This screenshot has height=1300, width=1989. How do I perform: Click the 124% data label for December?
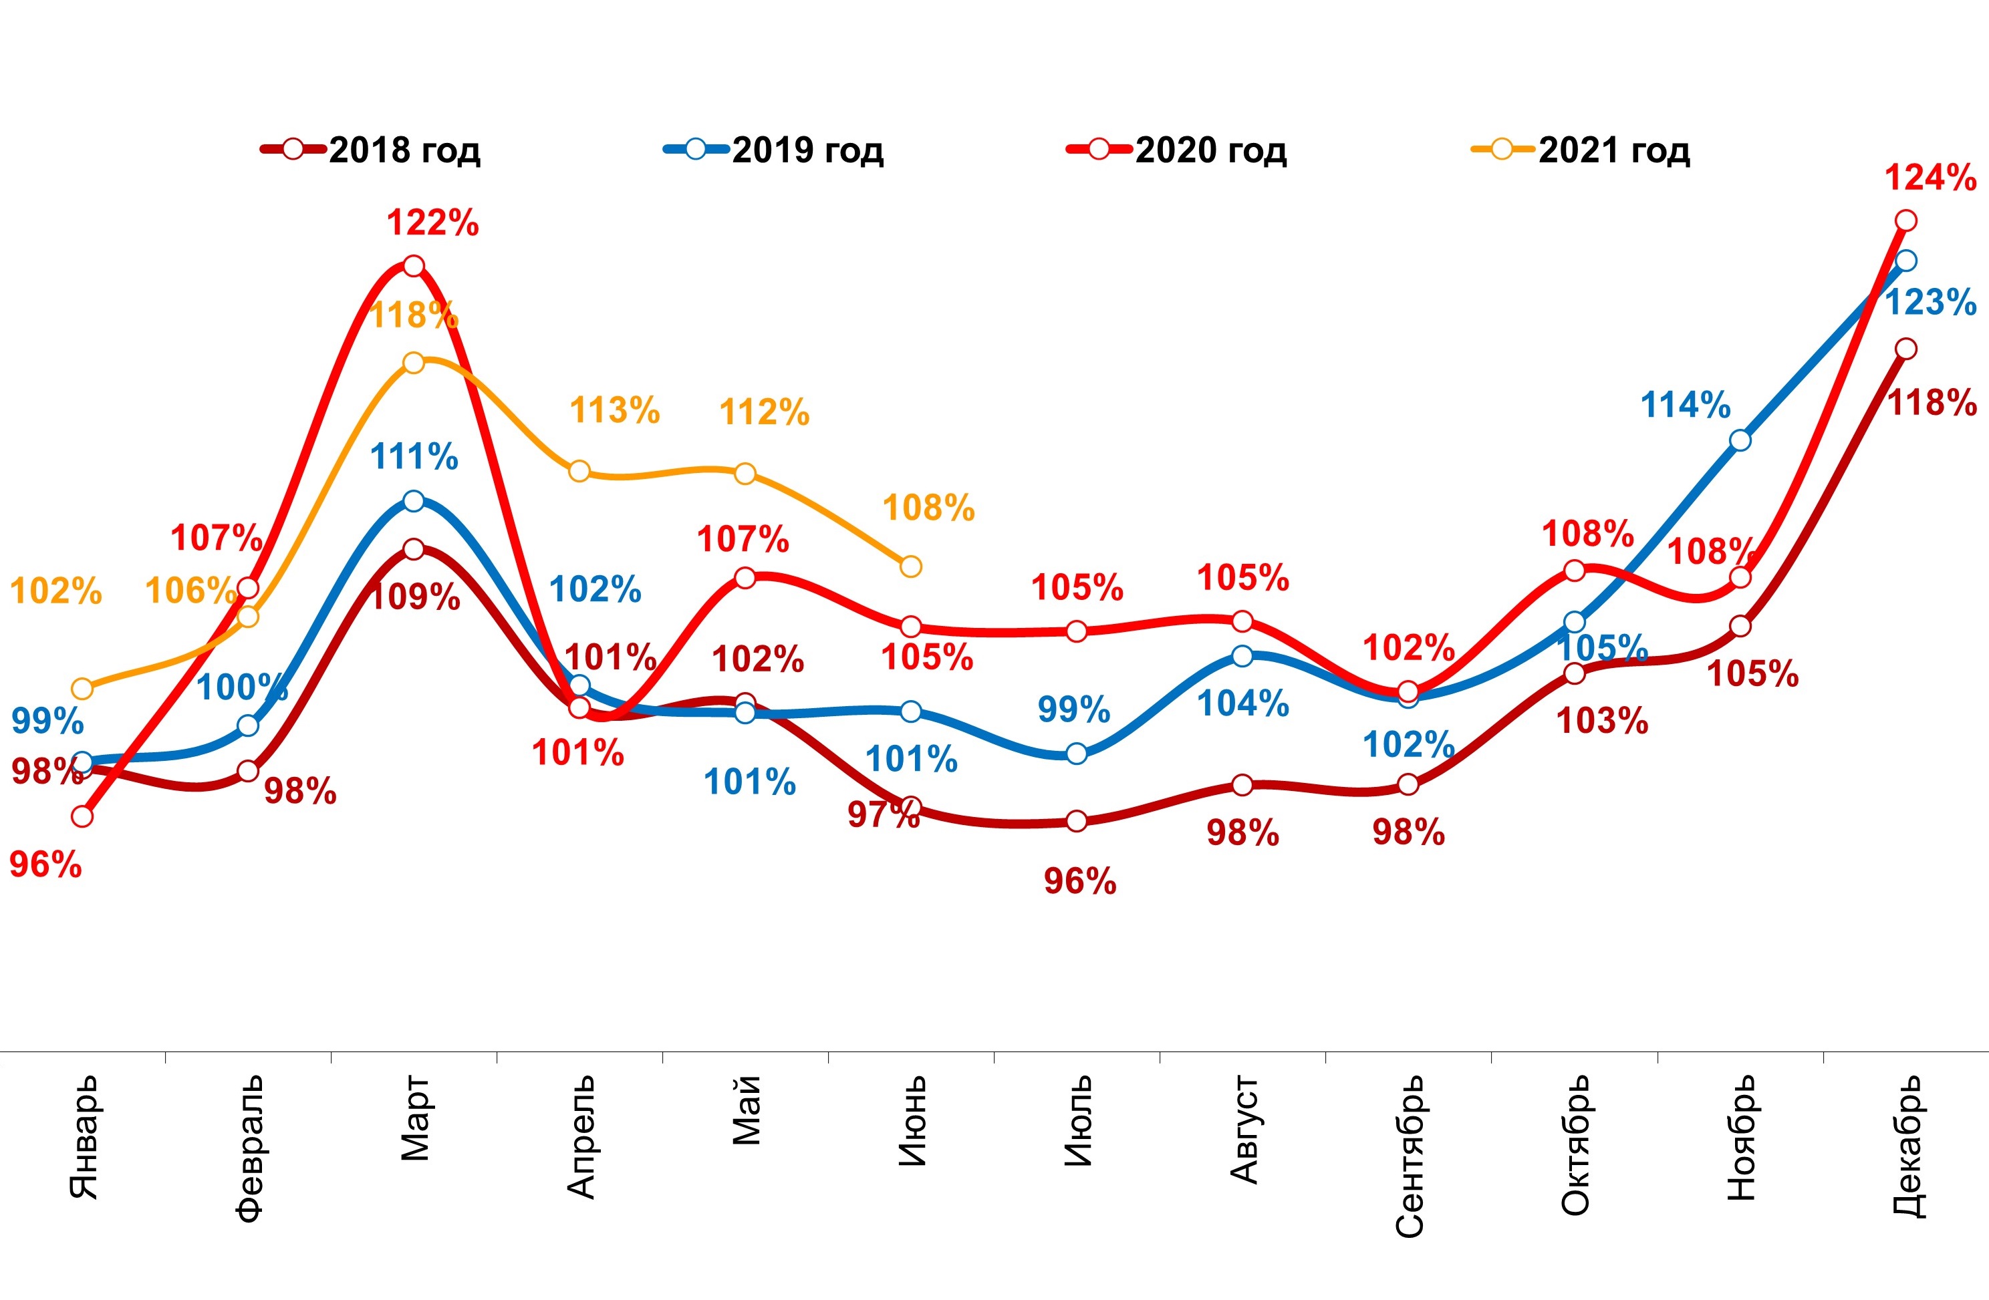coord(1930,178)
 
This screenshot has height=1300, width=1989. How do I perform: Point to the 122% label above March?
coord(433,223)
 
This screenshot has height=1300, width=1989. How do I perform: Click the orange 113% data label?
coord(615,410)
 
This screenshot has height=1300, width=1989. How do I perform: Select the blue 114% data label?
coord(1686,405)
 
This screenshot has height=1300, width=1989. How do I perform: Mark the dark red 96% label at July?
coord(1080,881)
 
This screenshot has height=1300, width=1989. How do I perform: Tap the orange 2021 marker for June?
coord(911,566)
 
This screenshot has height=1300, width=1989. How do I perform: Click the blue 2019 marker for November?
coord(1740,440)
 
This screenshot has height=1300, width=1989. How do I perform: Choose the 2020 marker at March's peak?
coord(414,267)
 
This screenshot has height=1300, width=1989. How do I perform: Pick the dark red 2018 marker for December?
coord(1905,349)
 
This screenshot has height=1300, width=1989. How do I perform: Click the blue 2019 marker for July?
coord(1077,754)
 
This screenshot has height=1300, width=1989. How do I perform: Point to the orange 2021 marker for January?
coord(82,689)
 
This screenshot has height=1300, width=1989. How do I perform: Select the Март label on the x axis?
coord(414,1119)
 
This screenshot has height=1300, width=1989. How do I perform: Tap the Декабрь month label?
coord(1906,1146)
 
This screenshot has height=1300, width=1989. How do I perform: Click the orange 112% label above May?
coord(765,412)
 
